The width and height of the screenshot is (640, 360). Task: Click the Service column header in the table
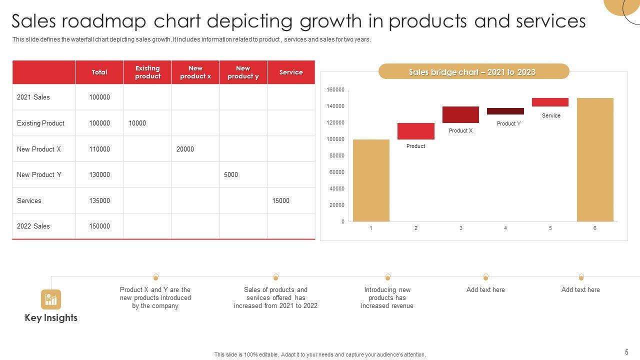[291, 72]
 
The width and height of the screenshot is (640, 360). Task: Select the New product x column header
[195, 72]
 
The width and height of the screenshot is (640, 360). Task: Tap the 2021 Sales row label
[33, 97]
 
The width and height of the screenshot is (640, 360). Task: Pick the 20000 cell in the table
[185, 149]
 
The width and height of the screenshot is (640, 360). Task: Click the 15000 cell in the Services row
[280, 200]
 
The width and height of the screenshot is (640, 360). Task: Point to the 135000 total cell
[99, 200]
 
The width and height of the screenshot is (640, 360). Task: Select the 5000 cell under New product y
[231, 175]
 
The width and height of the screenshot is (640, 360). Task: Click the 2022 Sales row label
[33, 226]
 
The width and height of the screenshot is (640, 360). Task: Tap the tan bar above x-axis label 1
[371, 180]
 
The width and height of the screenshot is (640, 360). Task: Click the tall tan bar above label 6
[595, 159]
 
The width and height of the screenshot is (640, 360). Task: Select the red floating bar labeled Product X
[460, 114]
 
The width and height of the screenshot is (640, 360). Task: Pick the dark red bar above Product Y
[505, 111]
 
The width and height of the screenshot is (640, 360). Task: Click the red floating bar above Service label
[550, 102]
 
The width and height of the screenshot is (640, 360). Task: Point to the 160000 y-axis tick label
[335, 90]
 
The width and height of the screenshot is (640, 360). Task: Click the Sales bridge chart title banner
[473, 72]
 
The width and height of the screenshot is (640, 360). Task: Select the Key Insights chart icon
[51, 299]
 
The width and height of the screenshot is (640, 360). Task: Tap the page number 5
[626, 352]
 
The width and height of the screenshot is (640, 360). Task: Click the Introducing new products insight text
[387, 297]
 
